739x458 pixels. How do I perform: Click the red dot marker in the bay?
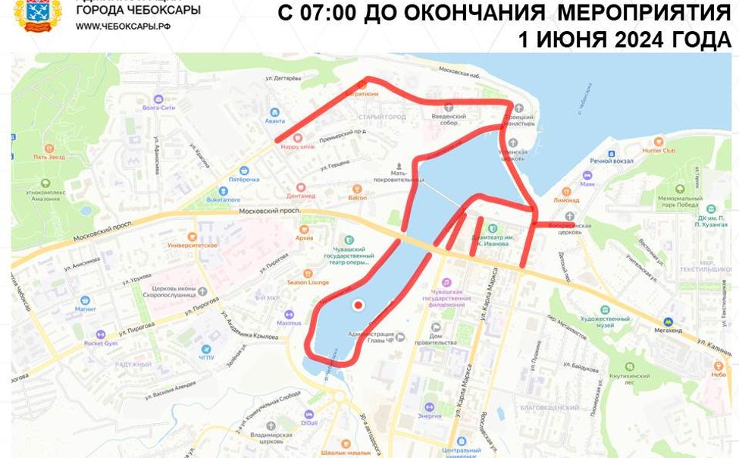click(358, 305)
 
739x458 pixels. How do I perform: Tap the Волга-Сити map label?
click(158, 108)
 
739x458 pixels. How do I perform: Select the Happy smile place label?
click(296, 147)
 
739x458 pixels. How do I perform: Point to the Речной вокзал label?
click(611, 161)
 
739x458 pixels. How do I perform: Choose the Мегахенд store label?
click(668, 330)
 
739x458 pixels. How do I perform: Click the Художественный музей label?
click(604, 318)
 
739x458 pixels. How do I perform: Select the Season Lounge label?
click(308, 282)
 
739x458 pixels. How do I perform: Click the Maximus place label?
click(288, 323)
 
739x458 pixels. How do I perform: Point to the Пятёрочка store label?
click(243, 179)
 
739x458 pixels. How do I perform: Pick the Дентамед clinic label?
click(301, 195)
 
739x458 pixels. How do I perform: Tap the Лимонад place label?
click(565, 200)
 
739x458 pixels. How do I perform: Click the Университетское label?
click(192, 245)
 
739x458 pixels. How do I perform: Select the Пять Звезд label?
click(49, 157)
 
